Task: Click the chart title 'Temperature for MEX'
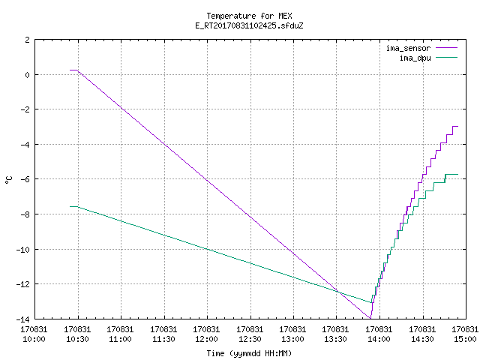[249, 16]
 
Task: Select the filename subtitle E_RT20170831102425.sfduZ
[249, 25]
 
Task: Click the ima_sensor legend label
[408, 48]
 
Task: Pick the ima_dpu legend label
[415, 58]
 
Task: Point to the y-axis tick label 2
[28, 40]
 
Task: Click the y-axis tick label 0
[28, 75]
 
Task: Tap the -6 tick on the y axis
[25, 179]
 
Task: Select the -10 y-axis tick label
[23, 250]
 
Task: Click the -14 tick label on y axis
[23, 319]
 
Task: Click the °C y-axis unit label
[9, 180]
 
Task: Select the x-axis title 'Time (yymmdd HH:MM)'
[249, 353]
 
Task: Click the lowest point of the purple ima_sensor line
[370, 319]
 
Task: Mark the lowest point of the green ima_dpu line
[371, 303]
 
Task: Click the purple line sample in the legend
[447, 48]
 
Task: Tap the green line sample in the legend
[447, 57]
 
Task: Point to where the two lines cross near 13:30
[339, 292]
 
